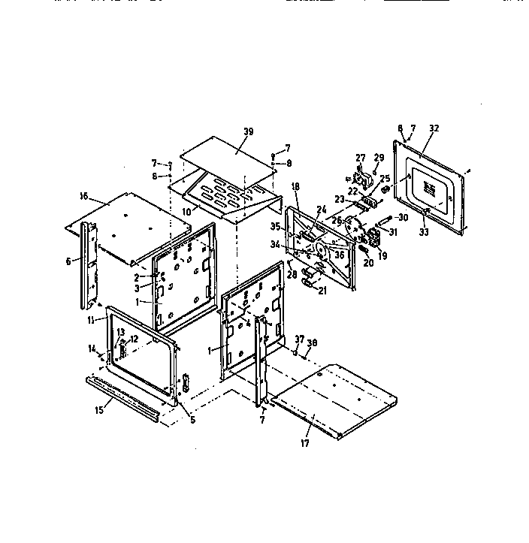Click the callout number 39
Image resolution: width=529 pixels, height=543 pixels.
pos(249,131)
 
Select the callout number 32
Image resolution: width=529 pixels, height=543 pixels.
pos(434,128)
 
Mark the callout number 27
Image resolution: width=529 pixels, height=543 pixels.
pos(360,158)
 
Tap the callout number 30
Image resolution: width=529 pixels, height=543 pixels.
pos(404,218)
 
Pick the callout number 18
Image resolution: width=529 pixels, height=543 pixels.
pos(295,186)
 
